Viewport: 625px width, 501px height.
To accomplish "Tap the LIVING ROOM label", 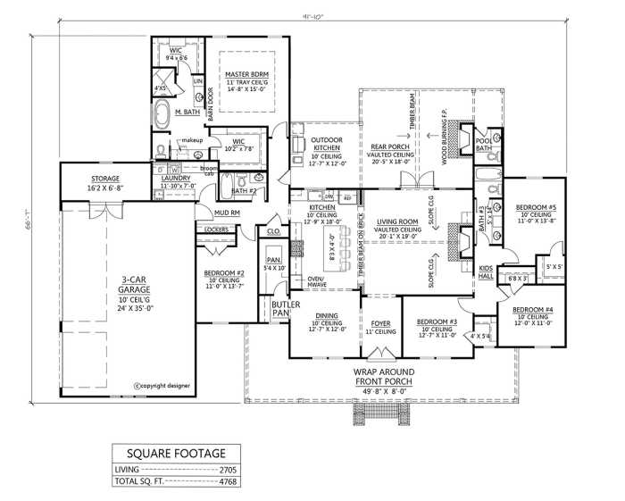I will coord(398,221).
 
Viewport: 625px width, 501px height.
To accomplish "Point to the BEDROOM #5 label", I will coord(537,207).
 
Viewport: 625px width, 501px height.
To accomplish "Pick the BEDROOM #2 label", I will coord(223,272).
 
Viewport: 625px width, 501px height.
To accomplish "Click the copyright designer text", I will coord(162,386).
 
